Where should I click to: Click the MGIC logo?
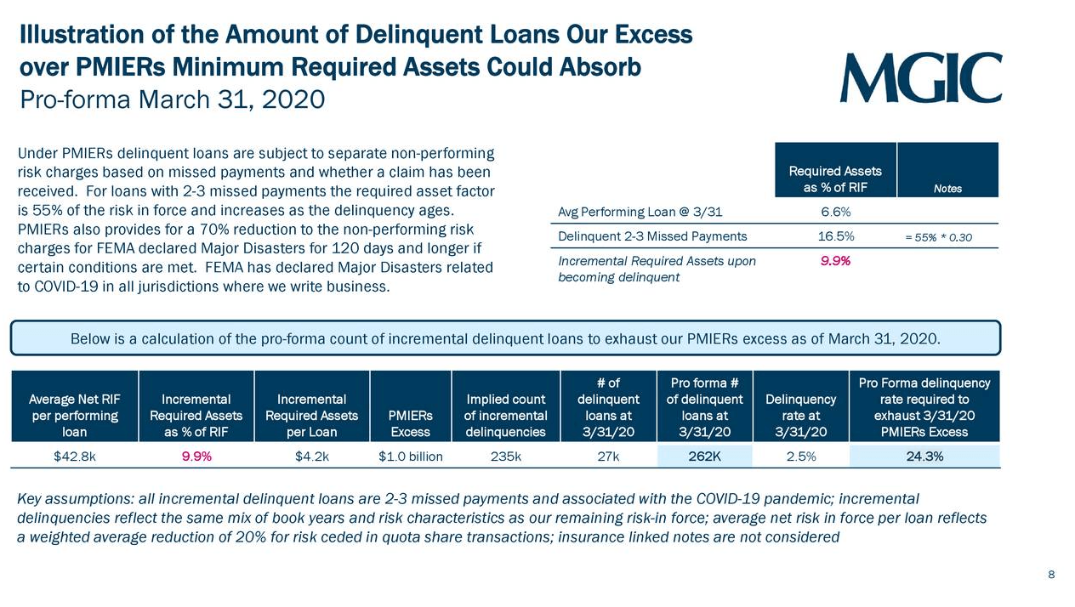[920, 77]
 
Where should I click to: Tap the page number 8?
[1051, 576]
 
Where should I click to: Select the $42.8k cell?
[74, 457]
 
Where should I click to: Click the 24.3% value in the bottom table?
[924, 457]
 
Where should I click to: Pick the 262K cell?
[704, 457]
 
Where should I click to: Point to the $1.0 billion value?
[411, 457]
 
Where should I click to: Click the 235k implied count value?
[506, 457]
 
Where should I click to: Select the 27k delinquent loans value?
[608, 457]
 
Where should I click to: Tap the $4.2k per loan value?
[312, 457]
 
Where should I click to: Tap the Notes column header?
[947, 188]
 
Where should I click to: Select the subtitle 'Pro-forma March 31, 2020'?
[173, 99]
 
